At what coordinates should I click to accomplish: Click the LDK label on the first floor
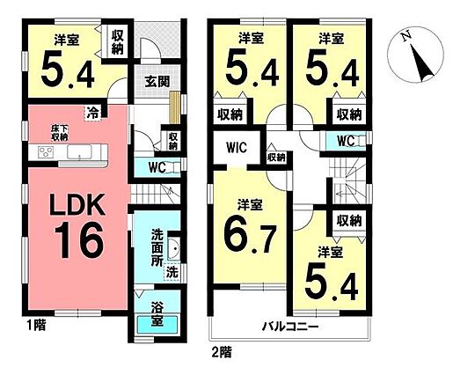[x=77, y=205]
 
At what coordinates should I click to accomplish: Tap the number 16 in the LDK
[x=79, y=239]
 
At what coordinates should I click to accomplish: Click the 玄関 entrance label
[x=157, y=82]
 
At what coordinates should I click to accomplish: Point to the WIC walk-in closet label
[x=237, y=148]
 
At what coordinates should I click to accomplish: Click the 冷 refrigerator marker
[x=92, y=114]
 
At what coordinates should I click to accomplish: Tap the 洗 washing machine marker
[x=172, y=273]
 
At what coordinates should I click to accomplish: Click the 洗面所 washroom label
[x=157, y=248]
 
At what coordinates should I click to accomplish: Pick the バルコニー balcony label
[x=290, y=327]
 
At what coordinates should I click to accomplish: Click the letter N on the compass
[x=406, y=36]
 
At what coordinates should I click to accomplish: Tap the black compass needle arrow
[x=422, y=63]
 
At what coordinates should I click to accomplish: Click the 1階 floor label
[x=36, y=326]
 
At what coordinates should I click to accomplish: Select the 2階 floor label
[x=222, y=352]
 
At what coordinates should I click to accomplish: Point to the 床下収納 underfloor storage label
[x=59, y=133]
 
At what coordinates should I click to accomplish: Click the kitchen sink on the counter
[x=79, y=151]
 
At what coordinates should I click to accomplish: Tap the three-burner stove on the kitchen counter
[x=46, y=151]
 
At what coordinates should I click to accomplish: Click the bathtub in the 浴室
[x=157, y=325]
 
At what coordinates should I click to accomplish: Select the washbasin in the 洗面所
[x=173, y=249]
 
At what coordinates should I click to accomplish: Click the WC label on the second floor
[x=346, y=141]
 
